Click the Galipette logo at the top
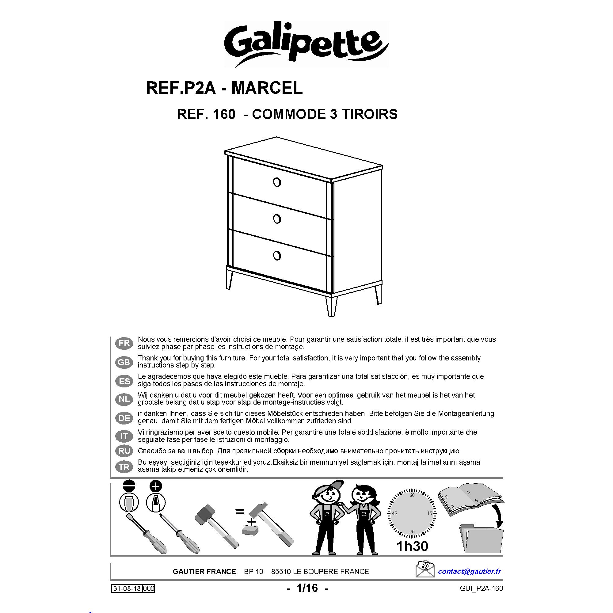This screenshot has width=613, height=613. tap(306, 44)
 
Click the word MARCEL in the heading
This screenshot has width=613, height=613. tap(267, 88)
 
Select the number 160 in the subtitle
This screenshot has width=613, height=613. tap(224, 114)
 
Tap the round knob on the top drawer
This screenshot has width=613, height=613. tap(277, 182)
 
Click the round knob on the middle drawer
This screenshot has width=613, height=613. tap(277, 219)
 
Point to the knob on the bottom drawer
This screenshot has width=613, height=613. tap(277, 256)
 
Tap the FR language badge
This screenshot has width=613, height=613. tap(124, 343)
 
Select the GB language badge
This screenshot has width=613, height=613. tap(124, 362)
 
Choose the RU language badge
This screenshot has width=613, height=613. tap(124, 451)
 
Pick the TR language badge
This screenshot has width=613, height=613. tap(124, 467)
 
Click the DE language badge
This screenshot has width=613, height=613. tap(124, 418)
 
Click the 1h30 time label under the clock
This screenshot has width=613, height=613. tap(412, 546)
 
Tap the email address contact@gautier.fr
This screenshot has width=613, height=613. tap(470, 571)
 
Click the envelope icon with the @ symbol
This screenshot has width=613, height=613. tap(425, 569)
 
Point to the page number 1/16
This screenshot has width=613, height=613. tap(307, 588)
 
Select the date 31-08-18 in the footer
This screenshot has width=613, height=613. tap(127, 588)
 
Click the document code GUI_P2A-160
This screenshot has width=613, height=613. tap(481, 588)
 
